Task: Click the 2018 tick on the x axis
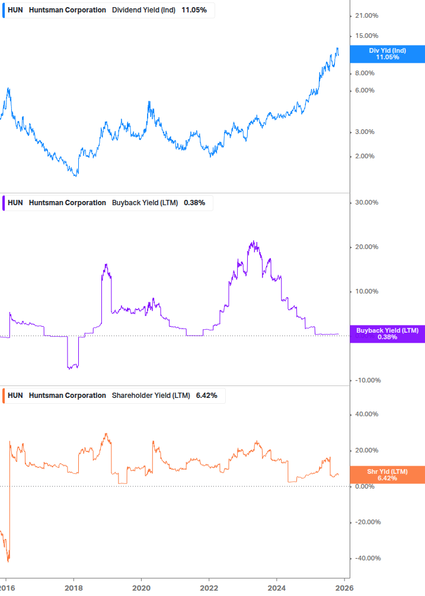[x=74, y=588]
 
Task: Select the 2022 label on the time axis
[x=209, y=588]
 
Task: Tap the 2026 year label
[x=344, y=588]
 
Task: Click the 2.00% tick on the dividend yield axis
[x=365, y=157]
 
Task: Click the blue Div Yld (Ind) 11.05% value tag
[x=388, y=54]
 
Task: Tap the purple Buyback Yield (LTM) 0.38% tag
[x=388, y=334]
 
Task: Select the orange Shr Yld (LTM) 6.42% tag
[x=388, y=474]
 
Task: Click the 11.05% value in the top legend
[x=194, y=10]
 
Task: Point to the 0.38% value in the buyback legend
[x=194, y=203]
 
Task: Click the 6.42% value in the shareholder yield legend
[x=207, y=396]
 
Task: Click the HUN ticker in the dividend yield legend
[x=15, y=10]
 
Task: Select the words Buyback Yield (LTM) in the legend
[x=145, y=203]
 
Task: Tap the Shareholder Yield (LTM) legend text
[x=151, y=396]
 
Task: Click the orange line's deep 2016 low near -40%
[x=8, y=560]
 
